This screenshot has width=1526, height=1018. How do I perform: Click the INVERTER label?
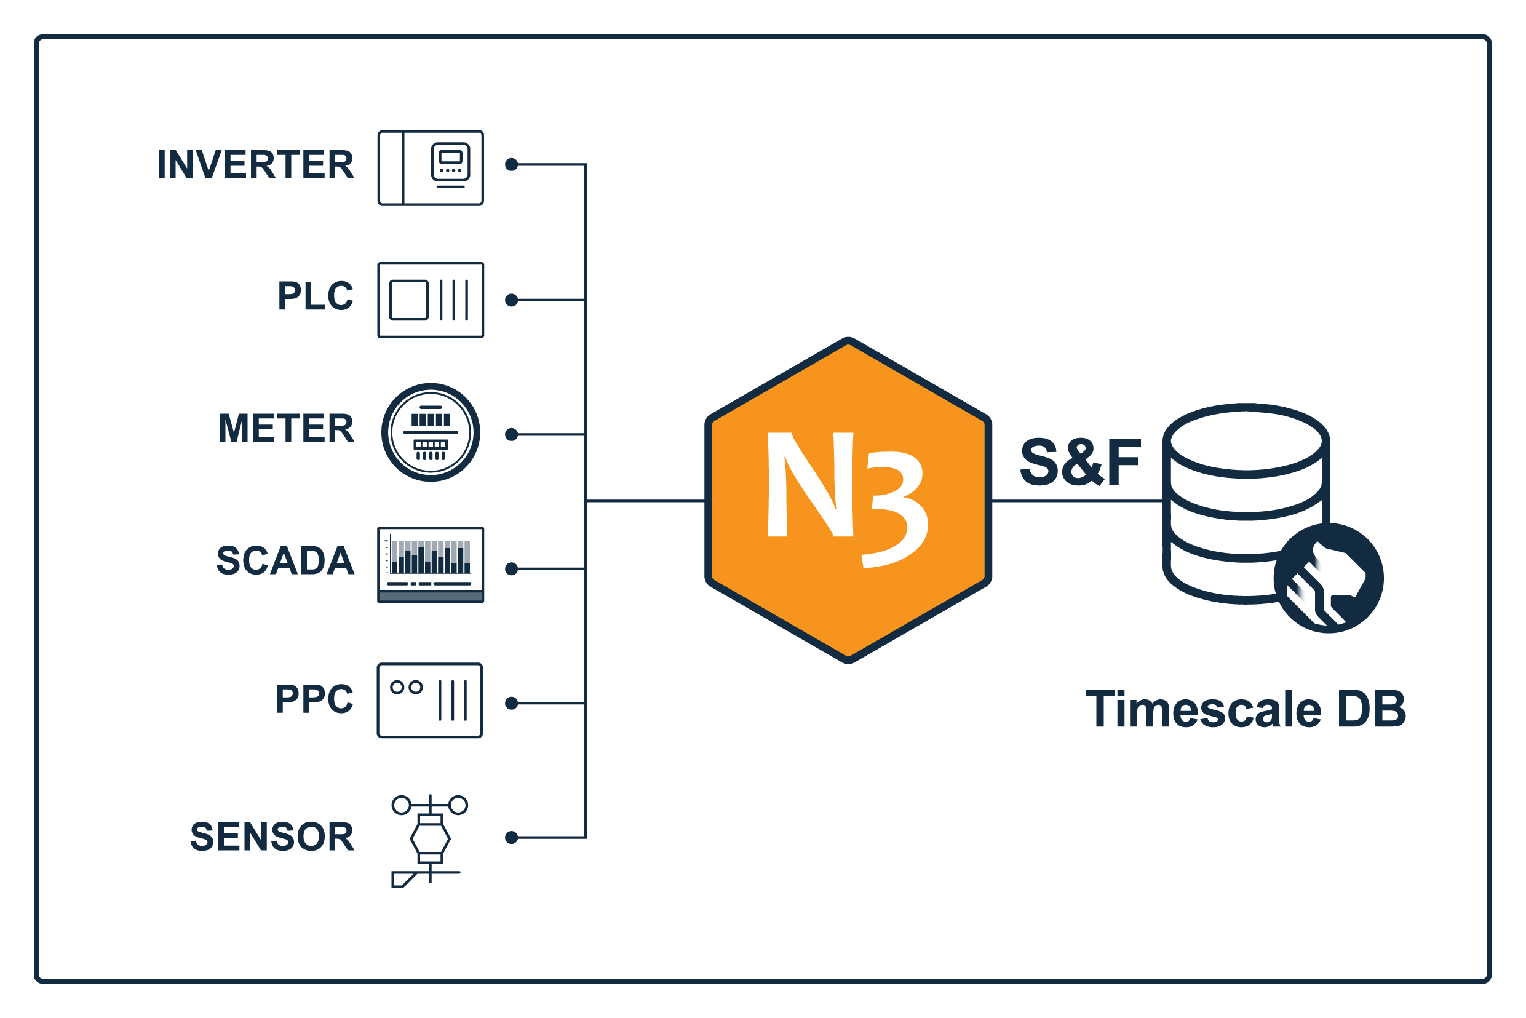pyautogui.click(x=255, y=165)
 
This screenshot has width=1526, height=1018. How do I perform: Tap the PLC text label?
pyautogui.click(x=315, y=296)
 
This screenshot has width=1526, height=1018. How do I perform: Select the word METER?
pyautogui.click(x=286, y=429)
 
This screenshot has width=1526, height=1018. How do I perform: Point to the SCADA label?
pyautogui.click(x=285, y=561)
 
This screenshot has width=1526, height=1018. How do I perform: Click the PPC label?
pyautogui.click(x=314, y=699)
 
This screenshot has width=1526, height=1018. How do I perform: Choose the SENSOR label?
pyautogui.click(x=272, y=837)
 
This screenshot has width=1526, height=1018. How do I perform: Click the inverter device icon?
pyautogui.click(x=431, y=168)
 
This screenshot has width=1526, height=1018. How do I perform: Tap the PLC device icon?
pyautogui.click(x=431, y=300)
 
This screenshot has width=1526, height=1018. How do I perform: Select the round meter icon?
pyautogui.click(x=431, y=432)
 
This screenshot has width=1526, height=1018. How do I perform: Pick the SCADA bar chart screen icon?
pyautogui.click(x=431, y=565)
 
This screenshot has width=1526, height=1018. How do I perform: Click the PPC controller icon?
pyautogui.click(x=430, y=701)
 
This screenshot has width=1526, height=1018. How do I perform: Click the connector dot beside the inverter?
pyautogui.click(x=512, y=165)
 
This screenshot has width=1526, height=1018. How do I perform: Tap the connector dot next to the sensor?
pyautogui.click(x=512, y=838)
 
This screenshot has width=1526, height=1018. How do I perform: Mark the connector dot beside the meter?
pyautogui.click(x=512, y=435)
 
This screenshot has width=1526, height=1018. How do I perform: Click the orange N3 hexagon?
pyautogui.click(x=848, y=501)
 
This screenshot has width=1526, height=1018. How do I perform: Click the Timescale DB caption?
pyautogui.click(x=1246, y=710)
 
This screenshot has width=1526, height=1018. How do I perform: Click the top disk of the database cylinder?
pyautogui.click(x=1246, y=442)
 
